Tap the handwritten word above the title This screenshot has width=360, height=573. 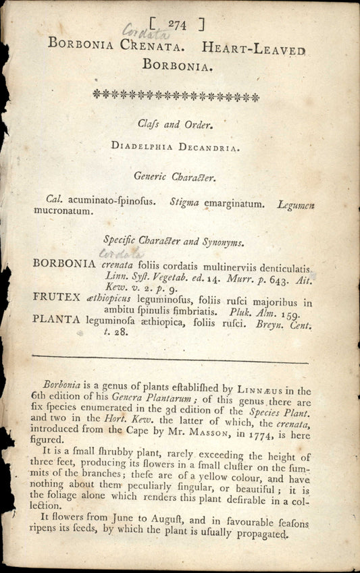coord(139,30)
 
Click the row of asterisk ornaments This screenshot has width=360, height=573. coord(176,96)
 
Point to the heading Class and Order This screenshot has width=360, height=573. coord(175,124)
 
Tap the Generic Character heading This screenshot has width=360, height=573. coord(174,178)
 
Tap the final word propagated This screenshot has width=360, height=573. coord(257,533)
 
